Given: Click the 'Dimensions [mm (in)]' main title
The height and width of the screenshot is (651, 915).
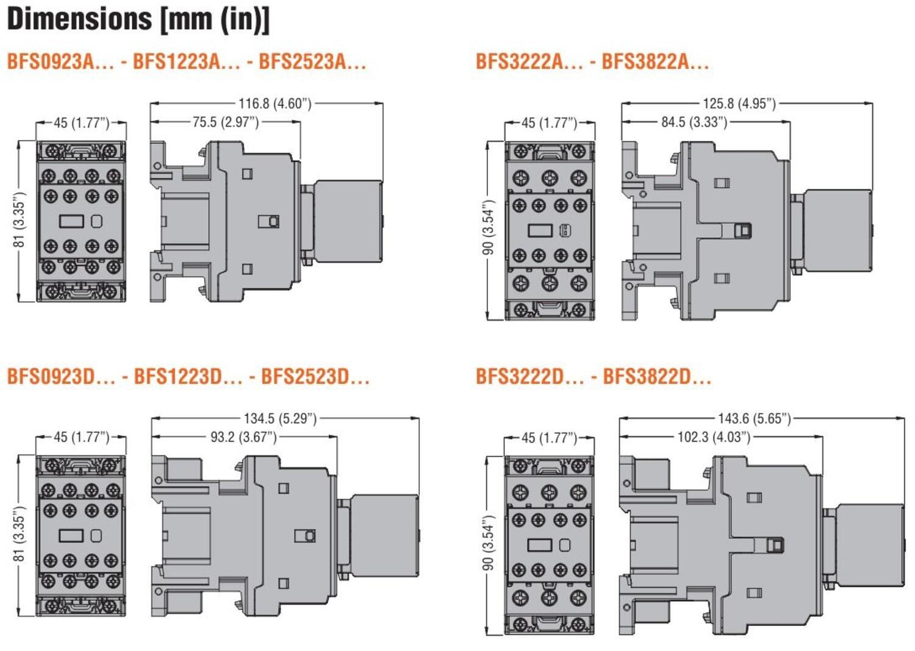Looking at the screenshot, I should [138, 20].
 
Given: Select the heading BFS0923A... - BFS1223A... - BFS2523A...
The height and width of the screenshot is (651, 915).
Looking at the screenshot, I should [186, 62].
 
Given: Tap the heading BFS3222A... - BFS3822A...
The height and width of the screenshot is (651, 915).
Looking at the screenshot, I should [592, 62].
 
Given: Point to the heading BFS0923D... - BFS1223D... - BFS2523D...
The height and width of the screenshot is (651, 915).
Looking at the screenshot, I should [188, 376].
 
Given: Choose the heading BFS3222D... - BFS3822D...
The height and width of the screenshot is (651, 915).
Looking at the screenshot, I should [593, 376].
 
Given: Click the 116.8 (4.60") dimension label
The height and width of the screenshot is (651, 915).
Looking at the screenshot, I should [274, 104].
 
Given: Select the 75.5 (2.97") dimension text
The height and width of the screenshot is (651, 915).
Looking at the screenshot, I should [226, 123].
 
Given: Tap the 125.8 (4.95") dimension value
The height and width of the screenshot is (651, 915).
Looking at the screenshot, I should [739, 104].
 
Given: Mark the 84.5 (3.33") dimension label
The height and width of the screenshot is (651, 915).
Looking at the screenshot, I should [694, 123].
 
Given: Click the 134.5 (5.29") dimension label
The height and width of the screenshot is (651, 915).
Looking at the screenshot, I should [280, 419].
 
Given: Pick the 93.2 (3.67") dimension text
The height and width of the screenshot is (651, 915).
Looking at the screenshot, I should [243, 437].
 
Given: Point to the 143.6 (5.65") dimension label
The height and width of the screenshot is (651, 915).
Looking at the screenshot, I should [754, 419].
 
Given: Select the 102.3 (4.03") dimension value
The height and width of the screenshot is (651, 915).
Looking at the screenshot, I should [714, 437].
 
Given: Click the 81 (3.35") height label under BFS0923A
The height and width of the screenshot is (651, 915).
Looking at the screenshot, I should [20, 220].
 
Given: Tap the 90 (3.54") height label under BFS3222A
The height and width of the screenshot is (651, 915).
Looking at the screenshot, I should [489, 228].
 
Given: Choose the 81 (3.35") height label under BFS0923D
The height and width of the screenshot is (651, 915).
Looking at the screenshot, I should [20, 534].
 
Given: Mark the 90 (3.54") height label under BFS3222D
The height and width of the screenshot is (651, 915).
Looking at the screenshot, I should [489, 543].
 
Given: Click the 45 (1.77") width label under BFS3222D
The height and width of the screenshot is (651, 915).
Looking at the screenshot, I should [549, 438].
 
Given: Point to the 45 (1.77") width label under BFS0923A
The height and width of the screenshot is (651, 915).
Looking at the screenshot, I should [81, 123].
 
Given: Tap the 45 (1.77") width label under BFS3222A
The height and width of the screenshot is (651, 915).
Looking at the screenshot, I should [549, 123].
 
